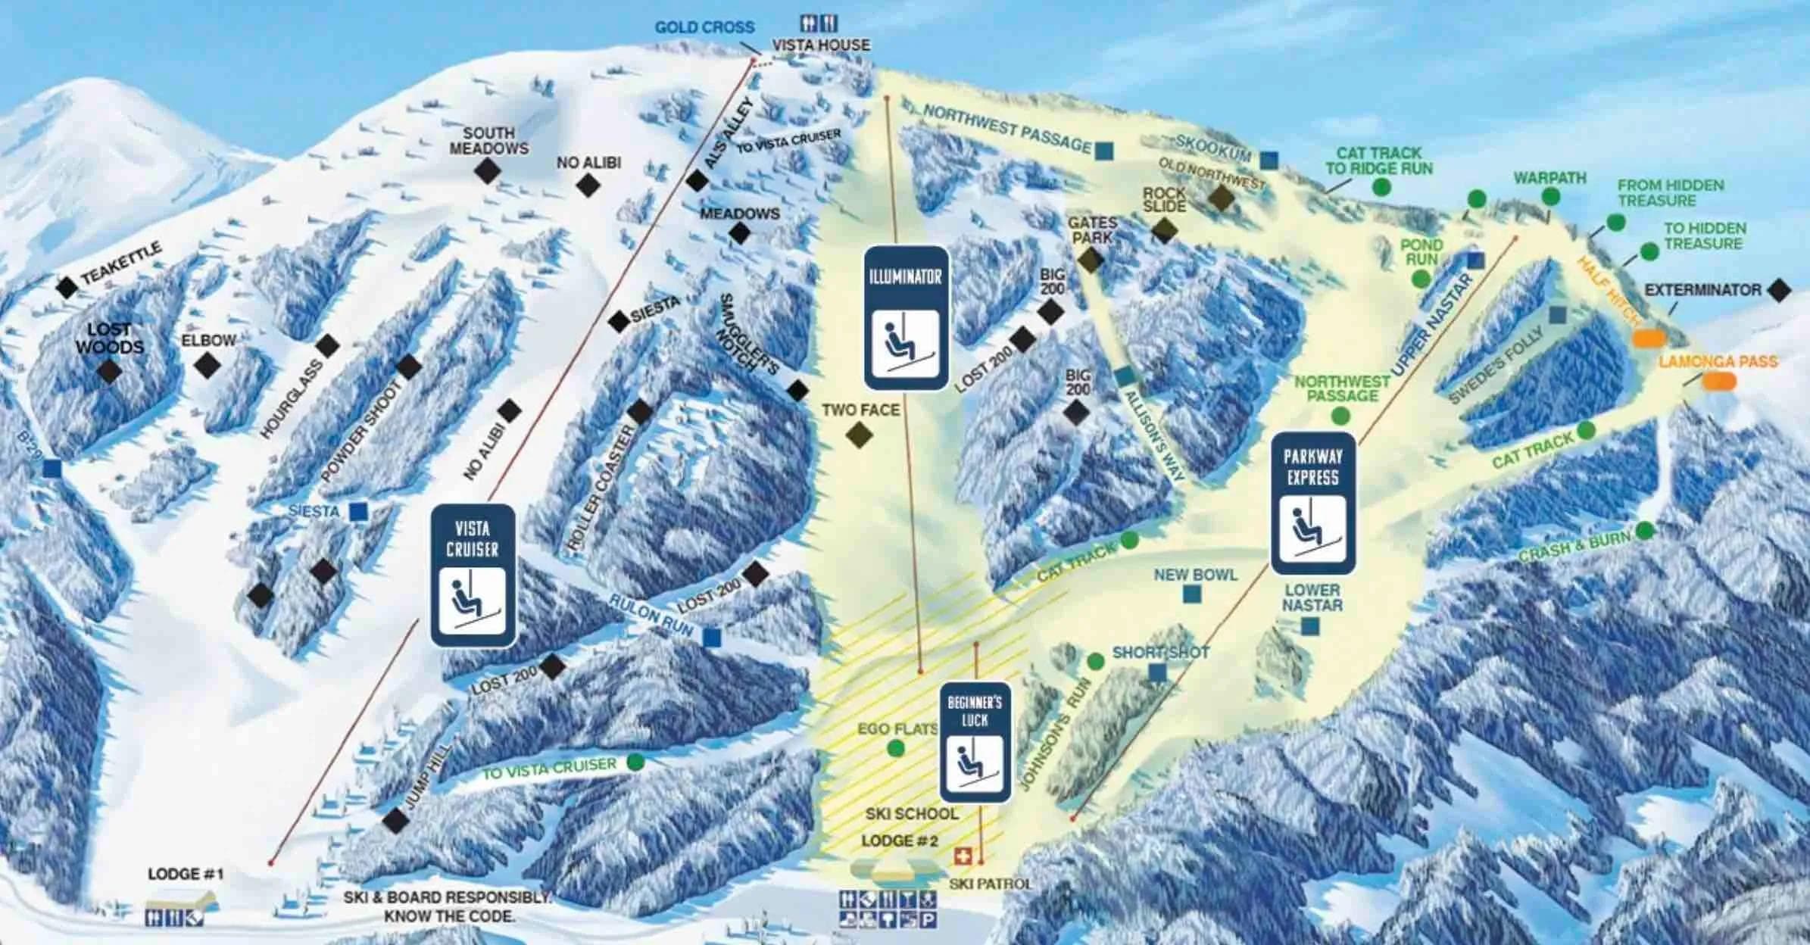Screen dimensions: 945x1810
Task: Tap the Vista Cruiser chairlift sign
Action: tap(473, 575)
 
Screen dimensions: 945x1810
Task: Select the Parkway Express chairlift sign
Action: tap(1312, 504)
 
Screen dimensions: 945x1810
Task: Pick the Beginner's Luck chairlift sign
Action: tap(975, 743)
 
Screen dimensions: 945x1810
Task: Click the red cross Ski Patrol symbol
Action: tap(962, 856)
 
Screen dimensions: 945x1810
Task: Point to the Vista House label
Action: tap(821, 45)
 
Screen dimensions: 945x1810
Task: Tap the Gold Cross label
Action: tap(704, 27)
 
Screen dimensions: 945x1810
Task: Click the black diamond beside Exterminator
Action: tap(1779, 290)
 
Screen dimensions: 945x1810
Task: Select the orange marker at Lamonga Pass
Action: tap(1719, 381)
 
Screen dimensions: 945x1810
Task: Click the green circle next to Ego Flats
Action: tap(896, 749)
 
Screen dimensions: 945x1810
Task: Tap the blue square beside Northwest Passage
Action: tap(1104, 151)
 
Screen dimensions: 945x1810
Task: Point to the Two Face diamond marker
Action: tap(859, 435)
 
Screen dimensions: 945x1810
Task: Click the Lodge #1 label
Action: tap(186, 875)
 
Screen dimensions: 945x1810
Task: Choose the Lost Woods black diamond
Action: tap(110, 371)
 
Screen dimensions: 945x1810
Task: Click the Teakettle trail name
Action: tap(121, 264)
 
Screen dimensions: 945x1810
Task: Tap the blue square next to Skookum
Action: tap(1269, 160)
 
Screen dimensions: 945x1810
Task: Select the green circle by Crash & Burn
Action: tap(1644, 531)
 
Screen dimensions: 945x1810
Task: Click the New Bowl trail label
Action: tap(1195, 575)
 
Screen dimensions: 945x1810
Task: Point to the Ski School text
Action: tap(911, 814)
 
